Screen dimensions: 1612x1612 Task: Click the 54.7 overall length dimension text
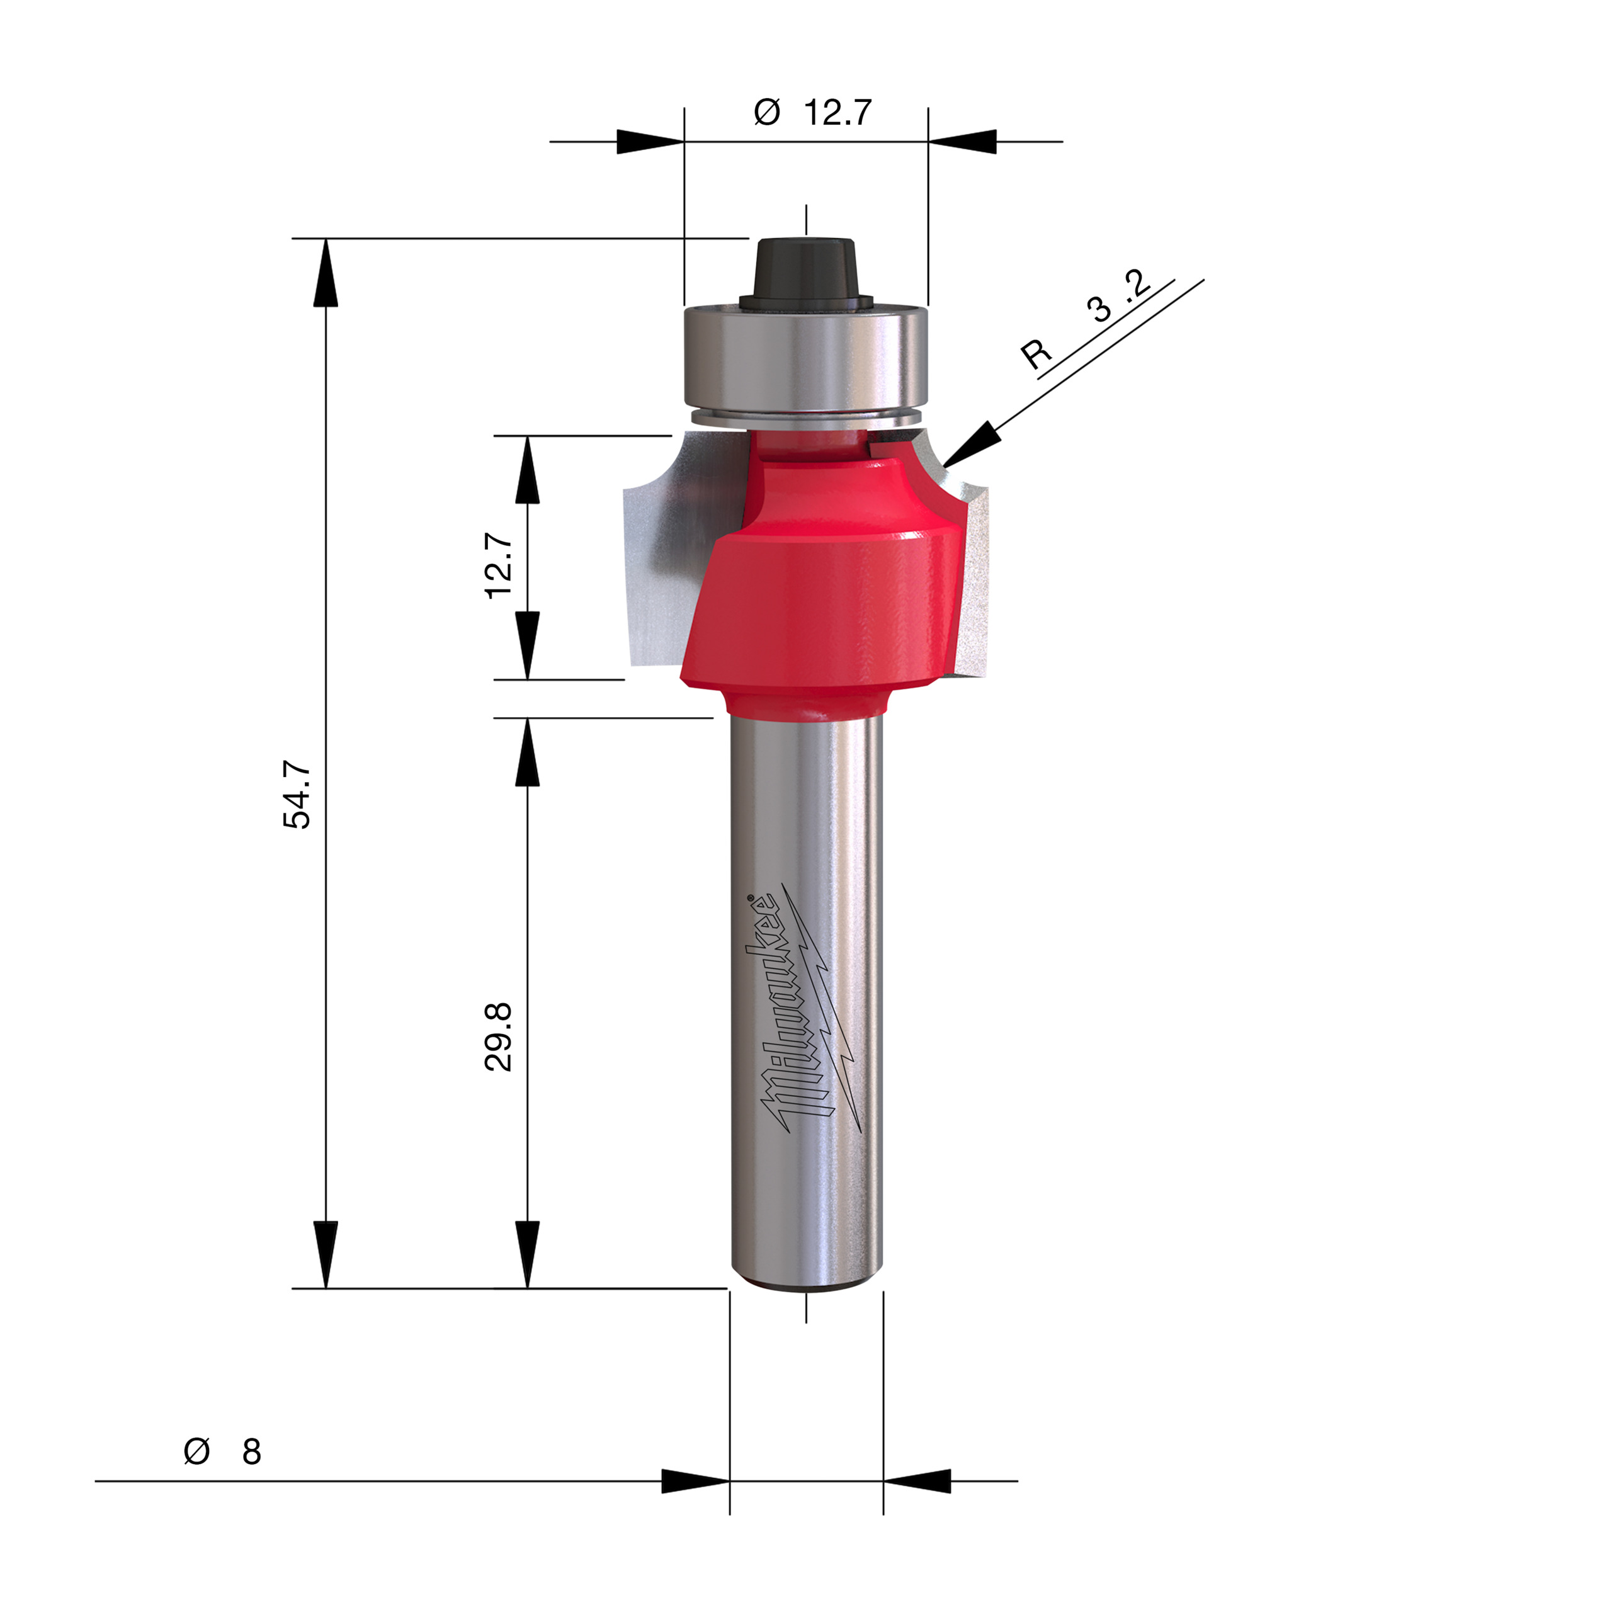[x=297, y=794]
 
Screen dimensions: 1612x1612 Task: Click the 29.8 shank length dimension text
[x=498, y=1037]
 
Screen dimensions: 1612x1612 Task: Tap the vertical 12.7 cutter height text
[x=498, y=565]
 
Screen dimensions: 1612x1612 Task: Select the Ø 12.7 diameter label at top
[x=813, y=112]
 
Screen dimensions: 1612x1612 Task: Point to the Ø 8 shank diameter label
[x=222, y=1452]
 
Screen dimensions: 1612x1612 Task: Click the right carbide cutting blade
[x=972, y=576]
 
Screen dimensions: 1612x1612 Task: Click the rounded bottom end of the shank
[x=806, y=1281]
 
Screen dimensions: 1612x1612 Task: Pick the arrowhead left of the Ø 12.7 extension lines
[x=650, y=142]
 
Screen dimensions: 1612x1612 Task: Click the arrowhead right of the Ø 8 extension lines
[x=917, y=1482]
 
